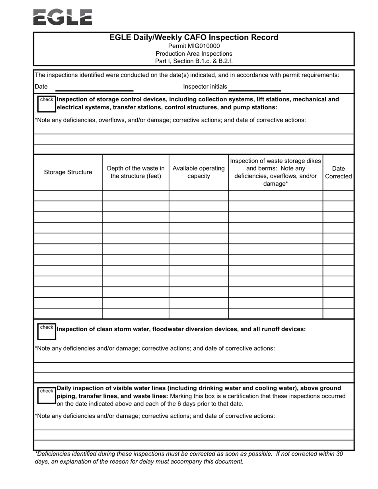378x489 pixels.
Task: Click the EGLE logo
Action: [x=63, y=17]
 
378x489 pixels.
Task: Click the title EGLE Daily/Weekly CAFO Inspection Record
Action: [x=194, y=37]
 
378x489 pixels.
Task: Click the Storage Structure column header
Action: [x=68, y=172]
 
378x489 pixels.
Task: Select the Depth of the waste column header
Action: [x=136, y=172]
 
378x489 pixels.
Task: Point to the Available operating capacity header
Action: [x=199, y=172]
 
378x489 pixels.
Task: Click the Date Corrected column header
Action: [x=338, y=172]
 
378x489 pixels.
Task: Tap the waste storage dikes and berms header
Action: [x=275, y=172]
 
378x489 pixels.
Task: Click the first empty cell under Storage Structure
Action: [x=68, y=196]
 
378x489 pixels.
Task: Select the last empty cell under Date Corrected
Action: [x=338, y=313]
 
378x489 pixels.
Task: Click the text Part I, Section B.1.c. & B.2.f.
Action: [x=194, y=61]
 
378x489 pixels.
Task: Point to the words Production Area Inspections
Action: [x=194, y=54]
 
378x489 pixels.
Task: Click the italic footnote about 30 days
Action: [x=189, y=458]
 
